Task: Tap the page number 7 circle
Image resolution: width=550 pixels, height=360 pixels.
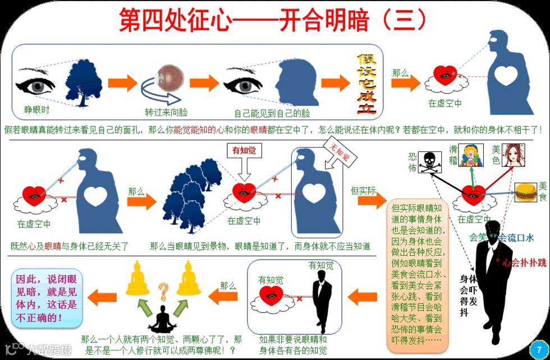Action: click(539, 348)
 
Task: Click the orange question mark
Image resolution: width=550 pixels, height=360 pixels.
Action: click(164, 290)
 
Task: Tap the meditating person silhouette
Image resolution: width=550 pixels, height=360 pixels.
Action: click(163, 320)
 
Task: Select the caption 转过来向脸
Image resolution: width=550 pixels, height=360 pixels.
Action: click(164, 112)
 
